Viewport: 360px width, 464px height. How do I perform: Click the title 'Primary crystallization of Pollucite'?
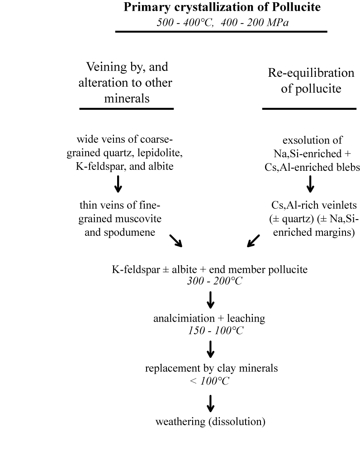click(222, 7)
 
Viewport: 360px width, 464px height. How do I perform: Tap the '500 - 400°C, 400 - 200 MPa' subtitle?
click(222, 22)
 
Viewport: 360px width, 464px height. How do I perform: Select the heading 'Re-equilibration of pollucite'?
click(311, 80)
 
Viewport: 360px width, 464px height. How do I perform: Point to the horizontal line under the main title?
click(221, 32)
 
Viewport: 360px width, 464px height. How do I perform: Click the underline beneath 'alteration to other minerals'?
click(126, 108)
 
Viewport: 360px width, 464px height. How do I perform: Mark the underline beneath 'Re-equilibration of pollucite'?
click(309, 108)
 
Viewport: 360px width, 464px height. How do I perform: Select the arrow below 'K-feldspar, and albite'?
click(118, 183)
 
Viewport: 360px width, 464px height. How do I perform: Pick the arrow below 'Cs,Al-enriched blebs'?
click(310, 183)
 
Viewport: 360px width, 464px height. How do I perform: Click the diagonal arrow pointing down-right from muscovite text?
click(175, 240)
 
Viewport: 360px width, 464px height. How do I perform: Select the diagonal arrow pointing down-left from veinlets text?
click(253, 240)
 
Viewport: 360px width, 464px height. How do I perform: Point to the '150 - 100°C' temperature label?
click(216, 330)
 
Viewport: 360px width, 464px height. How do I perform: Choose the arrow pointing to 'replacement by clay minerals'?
click(210, 349)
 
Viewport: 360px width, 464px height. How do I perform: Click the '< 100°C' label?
click(209, 380)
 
